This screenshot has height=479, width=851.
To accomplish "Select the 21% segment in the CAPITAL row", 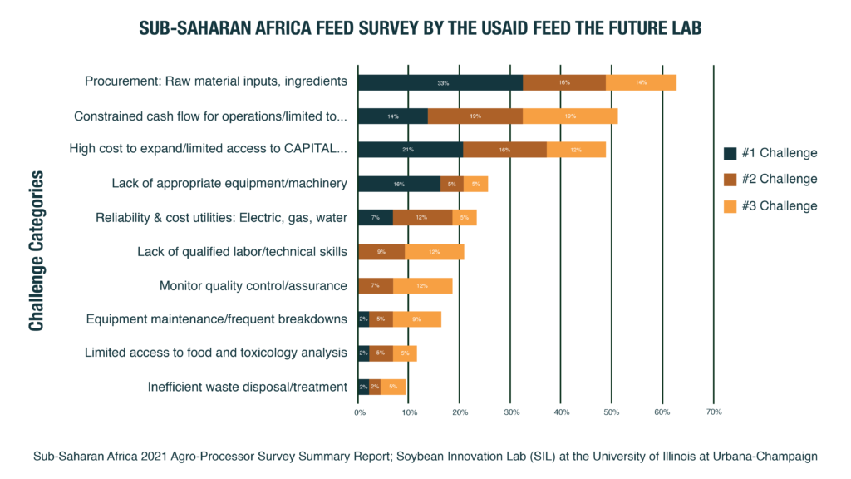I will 410,150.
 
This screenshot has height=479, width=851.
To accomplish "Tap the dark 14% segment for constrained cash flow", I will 392,116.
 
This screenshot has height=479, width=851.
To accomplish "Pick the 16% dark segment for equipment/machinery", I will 399,184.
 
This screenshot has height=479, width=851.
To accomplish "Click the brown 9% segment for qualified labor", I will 381,252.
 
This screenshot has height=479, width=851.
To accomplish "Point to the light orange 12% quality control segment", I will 422,286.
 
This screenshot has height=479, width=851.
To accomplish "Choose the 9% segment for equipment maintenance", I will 416,319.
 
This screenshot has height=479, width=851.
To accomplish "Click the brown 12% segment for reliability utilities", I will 422,218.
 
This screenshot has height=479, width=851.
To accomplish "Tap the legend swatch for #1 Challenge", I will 730,153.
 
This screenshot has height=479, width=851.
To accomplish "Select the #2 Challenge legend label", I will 780,179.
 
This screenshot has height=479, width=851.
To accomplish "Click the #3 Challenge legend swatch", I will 730,205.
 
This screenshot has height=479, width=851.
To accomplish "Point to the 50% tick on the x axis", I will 612,412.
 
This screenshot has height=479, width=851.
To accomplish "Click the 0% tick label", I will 358,412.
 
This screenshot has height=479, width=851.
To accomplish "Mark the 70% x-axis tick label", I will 713,412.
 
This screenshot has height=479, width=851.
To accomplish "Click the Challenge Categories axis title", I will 37,251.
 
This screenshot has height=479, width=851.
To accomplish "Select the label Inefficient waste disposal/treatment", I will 247,387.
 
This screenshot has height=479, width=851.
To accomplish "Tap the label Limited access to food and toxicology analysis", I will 215,353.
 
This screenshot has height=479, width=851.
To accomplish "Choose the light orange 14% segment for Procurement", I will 641,82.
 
